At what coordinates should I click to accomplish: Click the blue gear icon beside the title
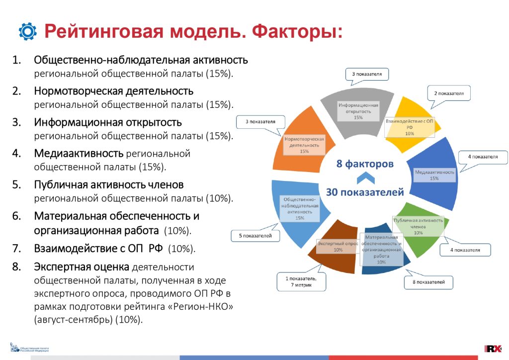coord(28,31)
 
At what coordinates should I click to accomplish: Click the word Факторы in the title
coord(297,31)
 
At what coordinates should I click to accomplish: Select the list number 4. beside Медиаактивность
coord(16,153)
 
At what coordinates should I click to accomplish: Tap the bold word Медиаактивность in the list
coord(79,153)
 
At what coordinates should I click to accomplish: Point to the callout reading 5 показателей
coord(255,236)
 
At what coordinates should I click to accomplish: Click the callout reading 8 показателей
coord(428,282)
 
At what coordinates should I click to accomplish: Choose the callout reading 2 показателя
coord(449,93)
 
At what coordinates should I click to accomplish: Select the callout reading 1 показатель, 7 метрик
coord(301,282)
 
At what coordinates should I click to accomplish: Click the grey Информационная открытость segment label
coord(358,111)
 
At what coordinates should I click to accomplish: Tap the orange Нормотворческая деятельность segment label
coord(304,145)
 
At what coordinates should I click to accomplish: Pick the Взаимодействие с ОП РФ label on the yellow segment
coord(410,127)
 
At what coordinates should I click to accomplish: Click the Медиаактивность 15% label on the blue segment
coord(434,176)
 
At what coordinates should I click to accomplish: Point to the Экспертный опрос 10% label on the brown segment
coord(338,247)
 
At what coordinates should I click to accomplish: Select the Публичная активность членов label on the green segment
coord(418,226)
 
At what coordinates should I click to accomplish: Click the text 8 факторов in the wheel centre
coord(365,164)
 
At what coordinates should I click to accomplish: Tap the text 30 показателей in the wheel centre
coord(365,192)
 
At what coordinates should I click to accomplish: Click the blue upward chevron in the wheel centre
coord(366,178)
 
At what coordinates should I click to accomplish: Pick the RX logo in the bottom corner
coord(493,349)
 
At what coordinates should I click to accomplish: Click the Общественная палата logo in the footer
coord(29,348)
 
